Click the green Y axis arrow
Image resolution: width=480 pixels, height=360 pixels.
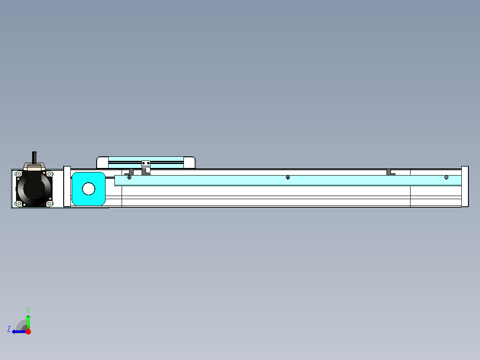pos(28,321)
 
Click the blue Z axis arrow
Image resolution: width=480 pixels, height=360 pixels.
pos(18,331)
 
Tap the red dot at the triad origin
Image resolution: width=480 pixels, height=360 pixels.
pos(28,331)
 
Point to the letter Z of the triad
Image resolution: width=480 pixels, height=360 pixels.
pos(9,329)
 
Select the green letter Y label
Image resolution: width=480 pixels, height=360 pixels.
pos(28,309)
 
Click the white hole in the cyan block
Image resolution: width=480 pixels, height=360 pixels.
pos(89,189)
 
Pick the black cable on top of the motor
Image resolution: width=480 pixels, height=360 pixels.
pos(34,158)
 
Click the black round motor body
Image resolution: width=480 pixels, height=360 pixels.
pos(34,188)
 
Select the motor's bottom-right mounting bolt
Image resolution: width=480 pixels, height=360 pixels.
pos(49,204)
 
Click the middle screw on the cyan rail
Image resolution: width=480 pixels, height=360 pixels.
pos(288,178)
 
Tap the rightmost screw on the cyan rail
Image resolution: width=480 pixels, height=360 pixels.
pos(446,178)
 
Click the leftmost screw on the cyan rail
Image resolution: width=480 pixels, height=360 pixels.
pos(130,178)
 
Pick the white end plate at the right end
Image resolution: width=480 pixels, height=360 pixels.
pos(464,186)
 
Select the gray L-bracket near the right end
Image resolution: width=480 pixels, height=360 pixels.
pos(391,172)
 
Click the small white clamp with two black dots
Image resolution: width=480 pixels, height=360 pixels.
pos(146,163)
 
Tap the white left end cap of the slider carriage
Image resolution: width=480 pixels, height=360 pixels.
pos(102,162)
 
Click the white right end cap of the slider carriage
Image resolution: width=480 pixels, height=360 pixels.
pos(190,162)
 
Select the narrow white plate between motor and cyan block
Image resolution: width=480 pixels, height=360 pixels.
pos(67,186)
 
